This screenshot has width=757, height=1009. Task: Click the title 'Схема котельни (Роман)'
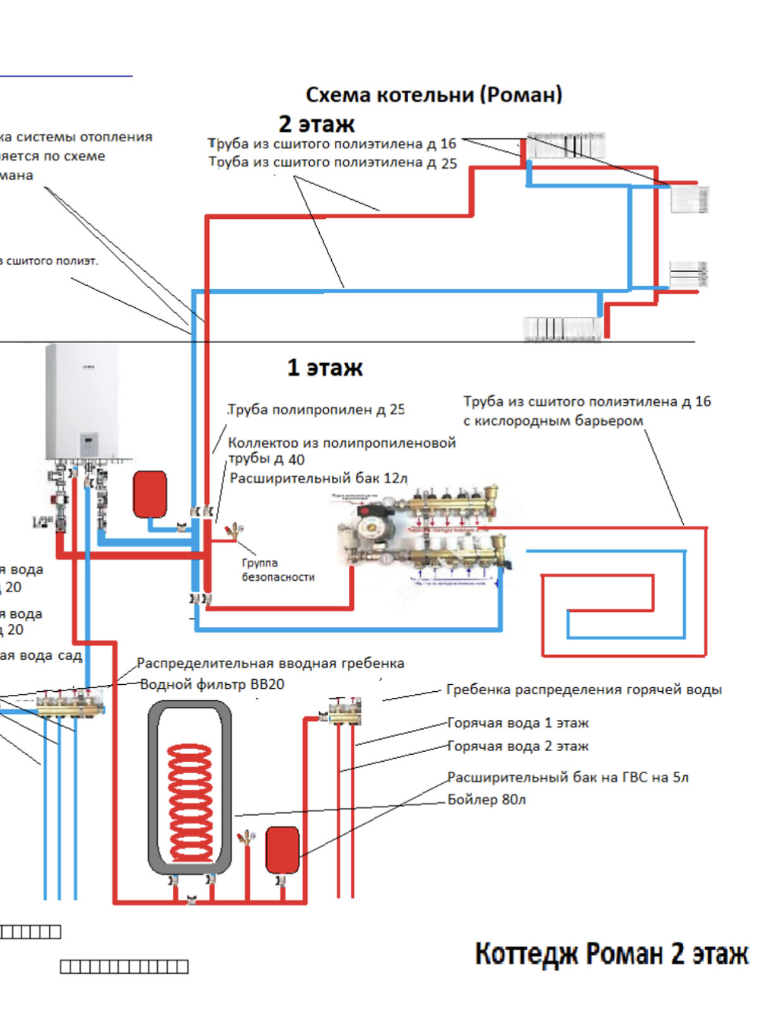click(x=434, y=95)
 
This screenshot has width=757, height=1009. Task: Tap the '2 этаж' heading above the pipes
click(x=317, y=124)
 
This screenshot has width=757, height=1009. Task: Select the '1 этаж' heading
click(x=325, y=368)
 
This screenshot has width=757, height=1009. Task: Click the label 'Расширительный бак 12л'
click(x=319, y=478)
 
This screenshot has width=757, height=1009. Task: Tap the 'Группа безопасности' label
click(x=278, y=570)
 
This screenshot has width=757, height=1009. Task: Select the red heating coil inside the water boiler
click(x=189, y=801)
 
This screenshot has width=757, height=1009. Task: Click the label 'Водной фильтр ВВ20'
click(x=212, y=684)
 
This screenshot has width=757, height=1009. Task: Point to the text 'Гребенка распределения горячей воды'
click(x=584, y=689)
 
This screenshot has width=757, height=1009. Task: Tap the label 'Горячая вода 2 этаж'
click(x=518, y=746)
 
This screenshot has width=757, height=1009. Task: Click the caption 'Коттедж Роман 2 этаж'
click(x=611, y=954)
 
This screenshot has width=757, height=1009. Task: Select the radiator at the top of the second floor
click(x=566, y=146)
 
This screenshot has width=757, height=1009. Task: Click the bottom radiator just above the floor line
click(x=561, y=329)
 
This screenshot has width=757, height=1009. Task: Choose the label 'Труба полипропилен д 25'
click(x=316, y=409)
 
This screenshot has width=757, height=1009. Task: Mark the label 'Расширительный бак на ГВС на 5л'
click(x=568, y=777)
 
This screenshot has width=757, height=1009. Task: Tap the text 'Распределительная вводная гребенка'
click(x=270, y=663)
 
